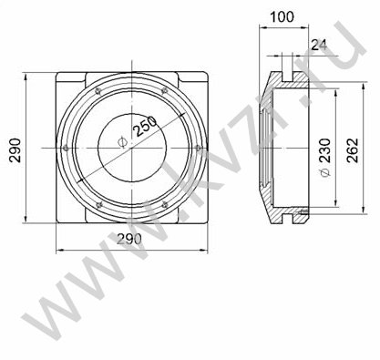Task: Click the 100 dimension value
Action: [282, 16]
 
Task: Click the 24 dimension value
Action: [319, 46]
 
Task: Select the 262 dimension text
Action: [353, 151]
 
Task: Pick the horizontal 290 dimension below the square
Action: [129, 239]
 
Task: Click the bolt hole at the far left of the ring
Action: [65, 148]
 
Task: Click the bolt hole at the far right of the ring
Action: [198, 148]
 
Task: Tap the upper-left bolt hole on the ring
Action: [98, 90]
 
